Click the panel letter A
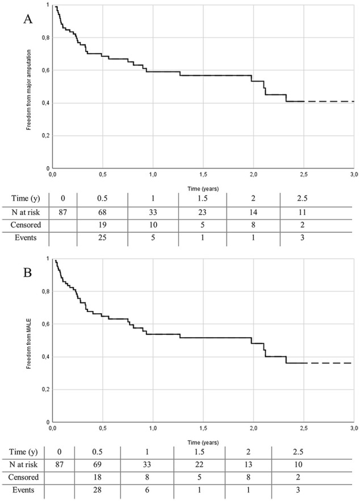[28, 19]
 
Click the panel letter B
[27, 273]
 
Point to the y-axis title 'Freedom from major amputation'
[29, 90]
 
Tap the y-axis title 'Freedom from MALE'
[29, 343]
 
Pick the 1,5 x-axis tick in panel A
[203, 174]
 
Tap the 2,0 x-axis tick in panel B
[254, 428]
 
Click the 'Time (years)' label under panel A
[203, 189]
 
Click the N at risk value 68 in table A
[102, 212]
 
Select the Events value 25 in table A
[102, 237]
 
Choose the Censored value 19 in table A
[102, 225]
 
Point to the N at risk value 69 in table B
[97, 464]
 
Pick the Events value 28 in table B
[97, 490]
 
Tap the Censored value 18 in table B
[97, 477]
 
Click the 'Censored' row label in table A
[26, 225]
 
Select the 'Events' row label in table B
[23, 490]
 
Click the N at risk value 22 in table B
[199, 464]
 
